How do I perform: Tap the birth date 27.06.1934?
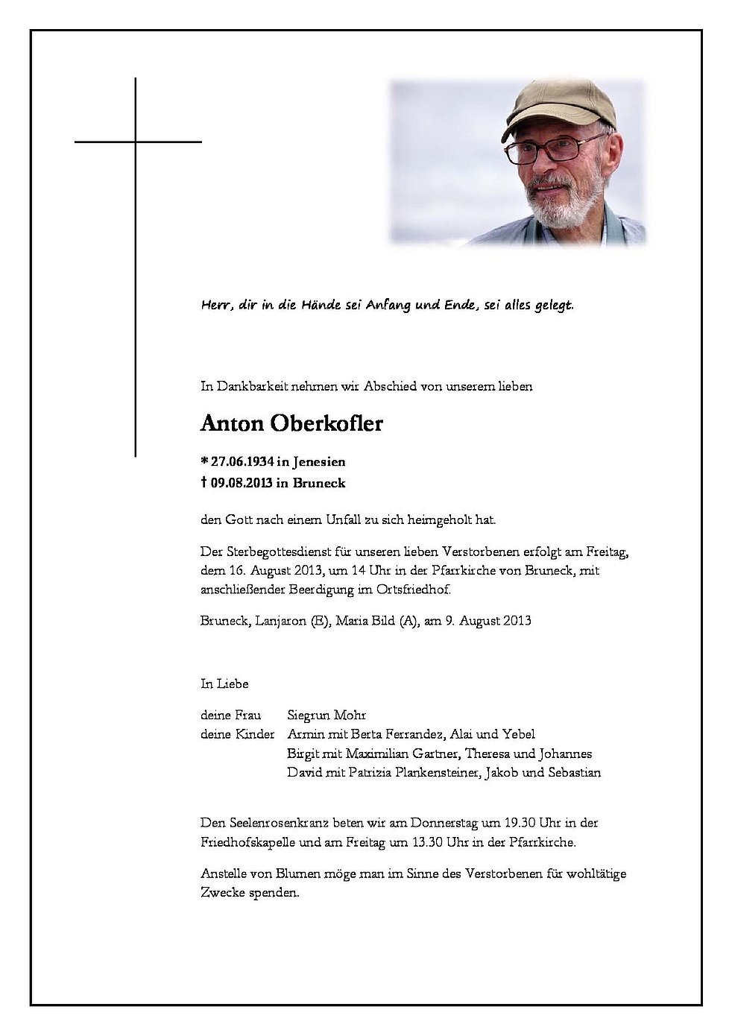(x=237, y=462)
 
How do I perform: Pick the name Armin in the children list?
(x=304, y=733)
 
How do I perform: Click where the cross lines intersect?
(x=136, y=141)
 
